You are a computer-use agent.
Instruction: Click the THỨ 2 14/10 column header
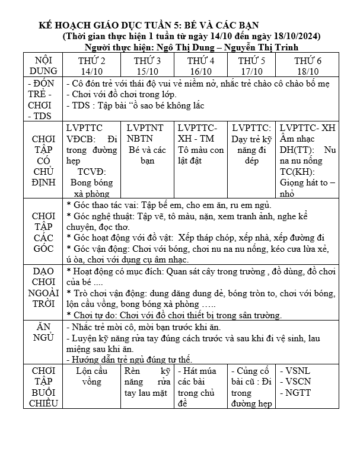[x=92, y=66]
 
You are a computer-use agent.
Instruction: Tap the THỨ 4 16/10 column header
[x=200, y=66]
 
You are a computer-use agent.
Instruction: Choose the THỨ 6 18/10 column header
[x=307, y=66]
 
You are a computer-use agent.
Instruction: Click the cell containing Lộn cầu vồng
[x=92, y=377]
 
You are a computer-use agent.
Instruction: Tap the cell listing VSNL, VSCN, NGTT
[x=307, y=382]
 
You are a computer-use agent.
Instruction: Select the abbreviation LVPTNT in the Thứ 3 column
[x=145, y=127]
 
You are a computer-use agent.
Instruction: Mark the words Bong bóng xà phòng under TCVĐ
[x=92, y=188]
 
